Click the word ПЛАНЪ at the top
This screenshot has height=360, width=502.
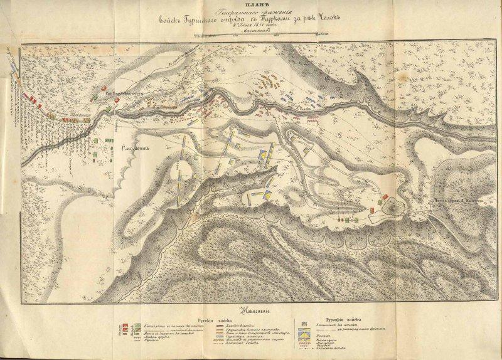251,6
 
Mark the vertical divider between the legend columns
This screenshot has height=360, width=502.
295,336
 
